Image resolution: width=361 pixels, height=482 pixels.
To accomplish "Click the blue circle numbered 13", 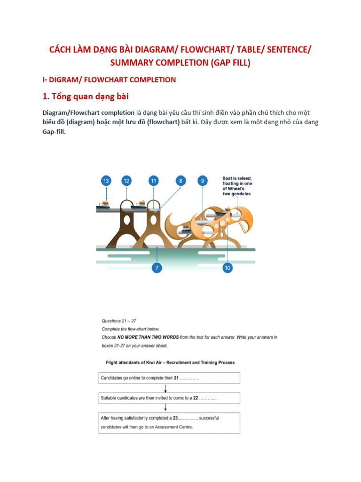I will coord(106,181).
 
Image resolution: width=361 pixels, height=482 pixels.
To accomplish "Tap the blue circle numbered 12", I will coord(126,181).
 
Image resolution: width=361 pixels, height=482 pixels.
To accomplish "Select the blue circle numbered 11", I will coord(154,181).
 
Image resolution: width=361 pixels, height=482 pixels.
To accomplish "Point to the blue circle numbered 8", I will coord(181,181).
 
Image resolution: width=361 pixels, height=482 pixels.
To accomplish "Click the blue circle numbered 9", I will coord(203,181).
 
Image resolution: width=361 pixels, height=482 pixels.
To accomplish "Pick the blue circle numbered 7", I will coord(157,268).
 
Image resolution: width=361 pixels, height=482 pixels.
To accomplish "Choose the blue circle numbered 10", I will coord(228,268).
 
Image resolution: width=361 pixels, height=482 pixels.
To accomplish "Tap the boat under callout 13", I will coord(102,205).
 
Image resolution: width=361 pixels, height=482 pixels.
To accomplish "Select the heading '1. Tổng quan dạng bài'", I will coord(86,97).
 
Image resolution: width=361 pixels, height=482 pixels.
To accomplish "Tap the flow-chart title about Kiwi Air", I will coord(168,362).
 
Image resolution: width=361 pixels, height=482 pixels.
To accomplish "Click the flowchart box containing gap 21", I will coord(169,378).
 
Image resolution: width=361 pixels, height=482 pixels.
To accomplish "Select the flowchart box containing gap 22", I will coord(169,398).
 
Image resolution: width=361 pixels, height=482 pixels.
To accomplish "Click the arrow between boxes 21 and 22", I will coord(165,388).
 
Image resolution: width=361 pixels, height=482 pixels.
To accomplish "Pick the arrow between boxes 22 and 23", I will coord(165,408).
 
